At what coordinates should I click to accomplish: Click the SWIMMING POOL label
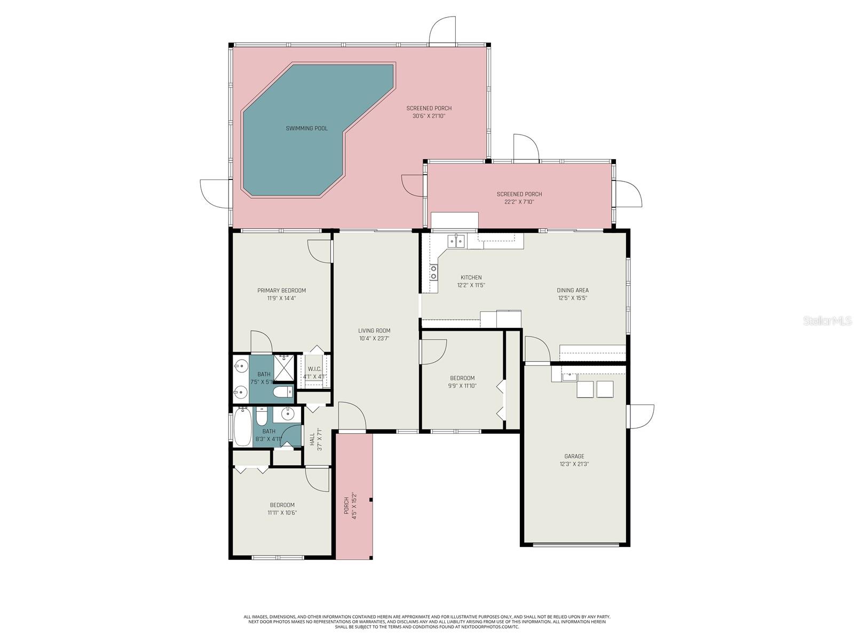coord(306,128)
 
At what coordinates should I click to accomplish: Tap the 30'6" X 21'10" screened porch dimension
coord(429,116)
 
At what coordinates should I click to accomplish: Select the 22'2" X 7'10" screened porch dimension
coord(519,202)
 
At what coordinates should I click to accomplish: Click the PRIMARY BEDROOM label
coord(281,291)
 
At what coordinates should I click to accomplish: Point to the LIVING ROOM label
coord(374,331)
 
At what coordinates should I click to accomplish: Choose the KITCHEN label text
coord(471,277)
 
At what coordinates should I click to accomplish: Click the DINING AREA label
coord(572,291)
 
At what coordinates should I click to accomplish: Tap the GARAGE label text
coord(574,456)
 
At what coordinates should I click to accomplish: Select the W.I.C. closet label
coord(314,369)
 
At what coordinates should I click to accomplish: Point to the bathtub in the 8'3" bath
coord(242,427)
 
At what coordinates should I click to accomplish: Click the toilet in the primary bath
coord(282,393)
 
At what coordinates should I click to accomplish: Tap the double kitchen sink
coord(456,242)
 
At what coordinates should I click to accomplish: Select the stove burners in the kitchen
coord(433,272)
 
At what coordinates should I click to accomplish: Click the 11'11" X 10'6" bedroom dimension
coord(282,513)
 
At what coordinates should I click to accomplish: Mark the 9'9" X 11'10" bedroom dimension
coord(461,386)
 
